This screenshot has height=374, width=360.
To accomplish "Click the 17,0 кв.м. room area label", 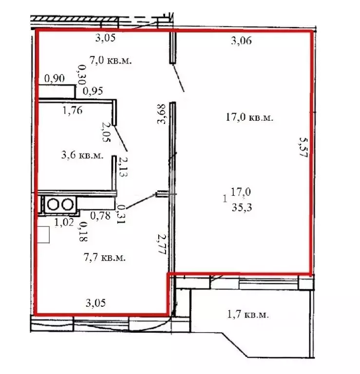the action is point(249,117).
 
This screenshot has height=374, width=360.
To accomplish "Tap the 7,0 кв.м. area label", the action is point(111,60).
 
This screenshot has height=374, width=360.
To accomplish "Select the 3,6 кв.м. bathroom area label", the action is point(82,155).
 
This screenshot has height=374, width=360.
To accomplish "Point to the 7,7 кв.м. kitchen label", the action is point(105,257).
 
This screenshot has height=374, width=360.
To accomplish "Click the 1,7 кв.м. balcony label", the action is point(248,315).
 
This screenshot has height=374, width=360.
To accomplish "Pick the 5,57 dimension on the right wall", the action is point(303,147).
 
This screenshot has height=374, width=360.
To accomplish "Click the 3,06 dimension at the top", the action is point(241,41).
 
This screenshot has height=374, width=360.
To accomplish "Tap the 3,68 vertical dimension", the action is point(161,114).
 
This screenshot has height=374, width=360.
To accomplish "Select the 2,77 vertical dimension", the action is point(162,244).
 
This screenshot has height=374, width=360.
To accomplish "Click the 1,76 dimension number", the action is point(73,111).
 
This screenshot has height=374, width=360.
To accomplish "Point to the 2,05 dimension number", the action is point(106,132).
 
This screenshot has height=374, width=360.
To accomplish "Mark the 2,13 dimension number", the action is point(123,167).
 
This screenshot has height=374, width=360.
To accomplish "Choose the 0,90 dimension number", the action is point(55,78).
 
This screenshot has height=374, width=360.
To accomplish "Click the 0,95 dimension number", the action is point(93,91).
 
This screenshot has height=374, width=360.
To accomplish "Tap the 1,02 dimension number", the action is point(64,223).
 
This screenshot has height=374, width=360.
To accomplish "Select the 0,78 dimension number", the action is point(100,216).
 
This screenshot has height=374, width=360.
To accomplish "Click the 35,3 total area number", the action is point(242,207).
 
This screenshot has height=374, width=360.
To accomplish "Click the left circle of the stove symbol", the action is point(53,205).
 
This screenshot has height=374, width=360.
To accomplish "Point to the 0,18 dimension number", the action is point(83,232).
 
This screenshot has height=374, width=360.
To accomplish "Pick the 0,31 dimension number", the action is point(121,213).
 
